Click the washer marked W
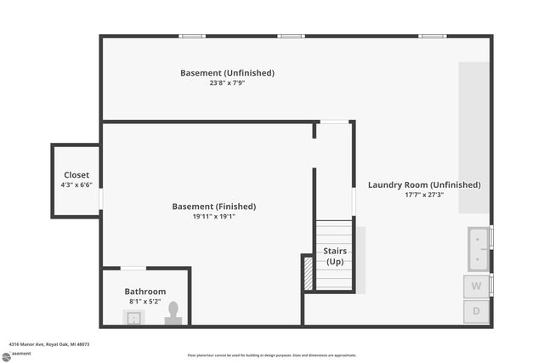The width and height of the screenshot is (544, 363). pyautogui.click(x=477, y=286)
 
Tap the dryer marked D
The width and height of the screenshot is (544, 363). pyautogui.click(x=477, y=311)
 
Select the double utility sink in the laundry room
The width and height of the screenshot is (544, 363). pyautogui.click(x=478, y=248)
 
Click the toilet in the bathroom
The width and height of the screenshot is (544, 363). pyautogui.click(x=174, y=313)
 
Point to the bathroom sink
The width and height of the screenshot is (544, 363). pyautogui.click(x=133, y=318)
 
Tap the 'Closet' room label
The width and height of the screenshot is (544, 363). pyautogui.click(x=76, y=175)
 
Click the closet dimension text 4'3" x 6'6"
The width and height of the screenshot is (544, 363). pyautogui.click(x=76, y=185)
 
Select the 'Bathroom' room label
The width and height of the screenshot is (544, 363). pyautogui.click(x=145, y=292)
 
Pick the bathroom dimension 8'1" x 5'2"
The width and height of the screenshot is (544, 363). pyautogui.click(x=145, y=302)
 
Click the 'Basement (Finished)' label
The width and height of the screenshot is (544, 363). pyautogui.click(x=213, y=207)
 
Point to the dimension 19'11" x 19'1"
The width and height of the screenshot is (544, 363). pyautogui.click(x=213, y=217)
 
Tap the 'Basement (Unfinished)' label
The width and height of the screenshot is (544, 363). pyautogui.click(x=227, y=73)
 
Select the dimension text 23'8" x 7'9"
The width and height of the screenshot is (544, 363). pyautogui.click(x=227, y=83)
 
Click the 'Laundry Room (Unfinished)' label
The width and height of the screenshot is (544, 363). pyautogui.click(x=424, y=184)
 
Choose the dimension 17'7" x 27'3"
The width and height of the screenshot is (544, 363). pyautogui.click(x=424, y=195)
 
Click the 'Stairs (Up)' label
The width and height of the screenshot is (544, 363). pyautogui.click(x=335, y=256)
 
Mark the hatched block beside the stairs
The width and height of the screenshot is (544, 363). pyautogui.click(x=308, y=272)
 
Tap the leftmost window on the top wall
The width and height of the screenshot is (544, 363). pyautogui.click(x=192, y=36)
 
